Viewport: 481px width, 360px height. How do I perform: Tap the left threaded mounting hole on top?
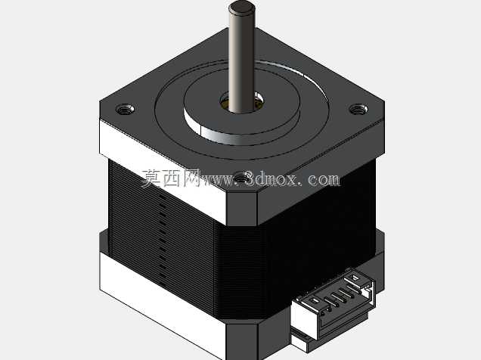125,109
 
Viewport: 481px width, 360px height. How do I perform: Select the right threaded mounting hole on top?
359,109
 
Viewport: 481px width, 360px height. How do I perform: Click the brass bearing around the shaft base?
242,102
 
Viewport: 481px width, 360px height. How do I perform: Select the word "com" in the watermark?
324,179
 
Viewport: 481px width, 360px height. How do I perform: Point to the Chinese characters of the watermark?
171,178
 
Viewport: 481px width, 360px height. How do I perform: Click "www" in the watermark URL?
218,180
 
